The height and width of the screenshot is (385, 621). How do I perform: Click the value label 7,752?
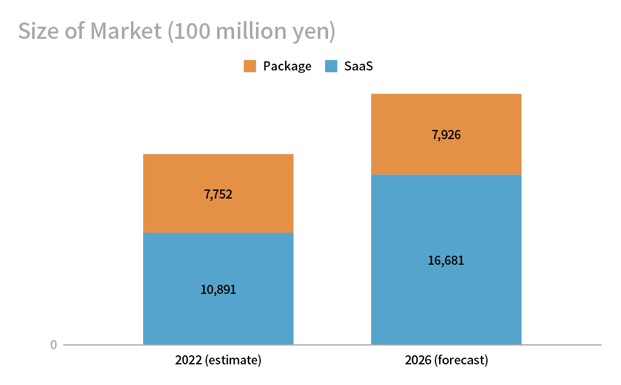[x=218, y=194]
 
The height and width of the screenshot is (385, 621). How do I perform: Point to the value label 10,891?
[x=218, y=290]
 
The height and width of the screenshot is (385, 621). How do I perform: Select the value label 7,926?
[x=446, y=135]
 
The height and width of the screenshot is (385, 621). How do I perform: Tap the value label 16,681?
[x=446, y=261]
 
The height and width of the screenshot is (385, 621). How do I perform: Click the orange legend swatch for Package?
[x=250, y=66]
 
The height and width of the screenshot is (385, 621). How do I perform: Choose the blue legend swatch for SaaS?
[x=331, y=66]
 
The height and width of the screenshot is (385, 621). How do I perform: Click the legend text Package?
[x=287, y=66]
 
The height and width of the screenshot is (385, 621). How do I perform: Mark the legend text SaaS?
[x=358, y=66]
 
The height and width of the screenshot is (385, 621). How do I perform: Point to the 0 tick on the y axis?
[x=53, y=345]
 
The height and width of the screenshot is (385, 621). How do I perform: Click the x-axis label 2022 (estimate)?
[x=218, y=360]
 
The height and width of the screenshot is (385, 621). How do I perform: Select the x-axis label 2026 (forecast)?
[x=446, y=360]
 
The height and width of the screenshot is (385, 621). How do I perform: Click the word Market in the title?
[x=126, y=32]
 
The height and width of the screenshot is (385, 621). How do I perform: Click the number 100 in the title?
[x=190, y=32]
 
